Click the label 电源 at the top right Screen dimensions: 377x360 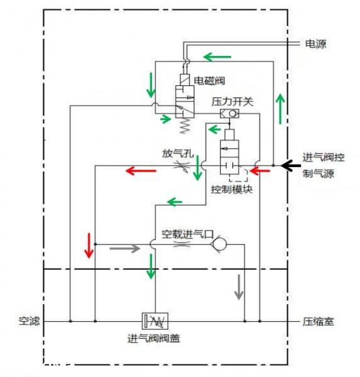tap(315, 44)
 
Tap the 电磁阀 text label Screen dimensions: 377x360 tap(210, 80)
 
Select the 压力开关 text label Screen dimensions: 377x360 tap(232, 101)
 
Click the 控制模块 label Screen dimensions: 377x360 tap(231, 189)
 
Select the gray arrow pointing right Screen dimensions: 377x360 tap(123, 248)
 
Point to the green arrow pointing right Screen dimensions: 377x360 tap(166, 118)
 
